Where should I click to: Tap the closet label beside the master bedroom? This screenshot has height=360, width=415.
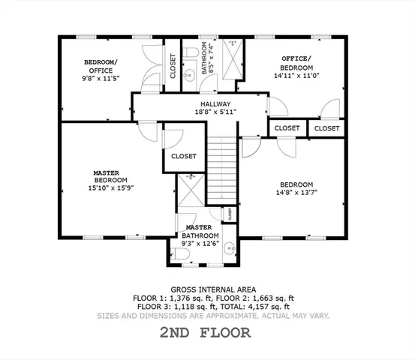184,157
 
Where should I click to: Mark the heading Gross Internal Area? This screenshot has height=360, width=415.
214,289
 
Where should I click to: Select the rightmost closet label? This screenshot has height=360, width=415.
326,128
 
